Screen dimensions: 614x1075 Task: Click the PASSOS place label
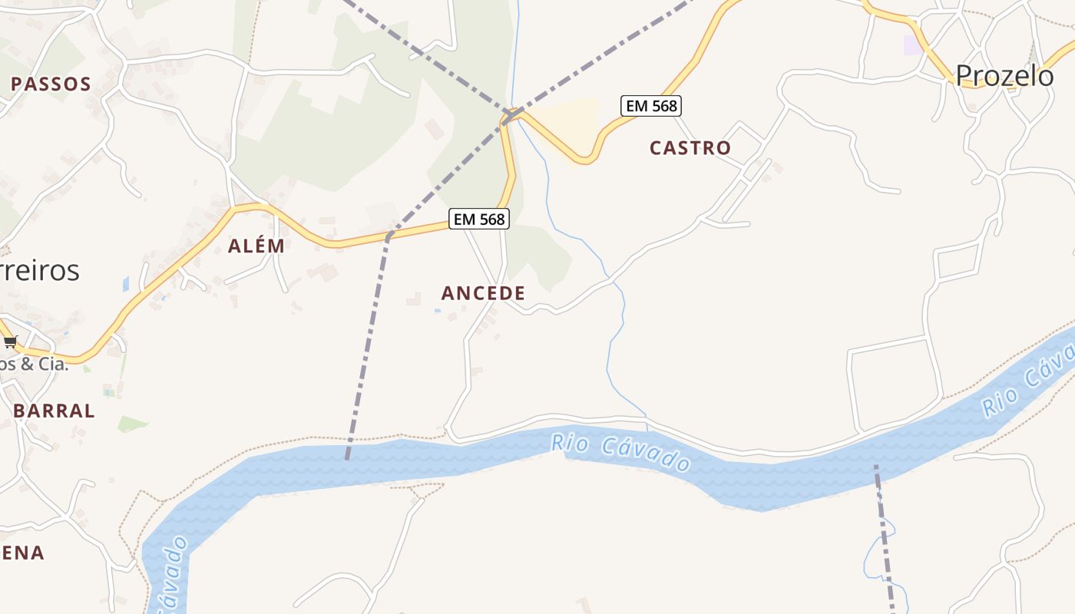(x=51, y=84)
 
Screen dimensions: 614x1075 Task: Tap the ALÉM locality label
(x=256, y=246)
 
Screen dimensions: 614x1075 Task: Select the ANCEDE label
(x=483, y=293)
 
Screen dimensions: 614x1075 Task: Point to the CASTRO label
(x=690, y=148)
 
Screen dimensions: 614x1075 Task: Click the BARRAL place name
(x=55, y=411)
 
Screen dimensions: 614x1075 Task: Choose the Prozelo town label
(x=1004, y=76)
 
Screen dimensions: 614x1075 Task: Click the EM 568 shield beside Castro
(x=651, y=106)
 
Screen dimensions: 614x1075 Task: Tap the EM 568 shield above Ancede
(x=479, y=220)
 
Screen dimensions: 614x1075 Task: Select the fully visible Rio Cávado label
(x=620, y=453)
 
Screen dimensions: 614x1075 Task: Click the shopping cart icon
(x=10, y=342)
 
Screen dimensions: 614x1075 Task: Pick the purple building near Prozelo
(x=913, y=45)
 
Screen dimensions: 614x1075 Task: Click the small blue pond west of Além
(x=126, y=285)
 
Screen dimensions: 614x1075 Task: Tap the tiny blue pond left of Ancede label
(x=437, y=311)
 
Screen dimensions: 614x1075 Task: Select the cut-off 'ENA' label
(x=22, y=553)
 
